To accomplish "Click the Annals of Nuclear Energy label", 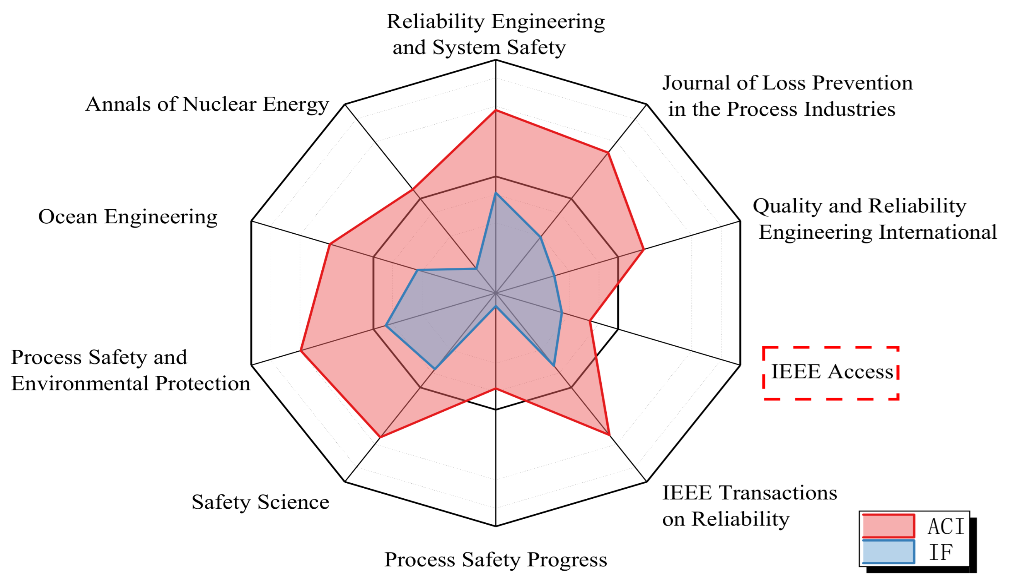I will pos(207,104).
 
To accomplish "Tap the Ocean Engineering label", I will pos(128,217).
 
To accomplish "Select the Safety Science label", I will pos(260,502).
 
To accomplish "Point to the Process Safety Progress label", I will pos(495,559).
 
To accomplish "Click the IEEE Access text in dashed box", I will pos(832,372).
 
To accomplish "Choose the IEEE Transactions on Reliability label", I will pos(749,506).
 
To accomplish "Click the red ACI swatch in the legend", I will pos(888,526).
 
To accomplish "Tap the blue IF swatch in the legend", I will pos(888,552).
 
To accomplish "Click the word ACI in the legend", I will pos(945,527).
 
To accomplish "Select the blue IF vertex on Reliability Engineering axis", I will pos(496,193).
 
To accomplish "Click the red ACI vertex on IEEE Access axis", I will pos(590,321).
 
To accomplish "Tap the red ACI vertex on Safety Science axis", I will pos(380,437).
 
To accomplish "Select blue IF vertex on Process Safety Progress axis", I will pos(496,307).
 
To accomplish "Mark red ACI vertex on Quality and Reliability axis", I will pos(643,250).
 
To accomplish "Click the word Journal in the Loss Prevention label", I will pos(695,84).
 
